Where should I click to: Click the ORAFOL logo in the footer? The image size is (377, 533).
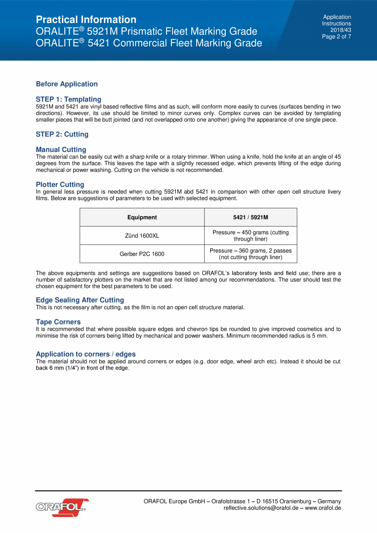pyautogui.click(x=62, y=507)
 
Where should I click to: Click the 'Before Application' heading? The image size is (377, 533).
pyautogui.click(x=67, y=84)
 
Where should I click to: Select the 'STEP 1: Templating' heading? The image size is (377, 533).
pyautogui.click(x=68, y=99)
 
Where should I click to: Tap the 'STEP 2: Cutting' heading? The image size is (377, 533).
pyautogui.click(x=62, y=134)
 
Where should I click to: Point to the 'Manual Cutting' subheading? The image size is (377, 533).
pyautogui.click(x=61, y=150)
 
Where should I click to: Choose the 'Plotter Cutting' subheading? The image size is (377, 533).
pyautogui.click(x=60, y=184)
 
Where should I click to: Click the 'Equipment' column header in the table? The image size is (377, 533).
pyautogui.click(x=142, y=217)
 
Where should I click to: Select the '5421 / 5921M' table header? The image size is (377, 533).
pyautogui.click(x=250, y=217)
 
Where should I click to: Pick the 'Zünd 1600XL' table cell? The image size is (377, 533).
pyautogui.click(x=142, y=236)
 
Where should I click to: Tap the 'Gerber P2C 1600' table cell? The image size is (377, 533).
pyautogui.click(x=142, y=254)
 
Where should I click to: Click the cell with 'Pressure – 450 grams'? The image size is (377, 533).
pyautogui.click(x=250, y=236)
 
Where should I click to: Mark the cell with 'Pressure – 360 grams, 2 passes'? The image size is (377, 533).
pyautogui.click(x=250, y=254)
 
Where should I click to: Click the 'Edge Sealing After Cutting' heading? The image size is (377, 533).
pyautogui.click(x=80, y=300)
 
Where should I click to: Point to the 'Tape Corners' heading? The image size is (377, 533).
pyautogui.click(x=58, y=322)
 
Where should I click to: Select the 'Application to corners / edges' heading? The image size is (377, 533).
pyautogui.click(x=86, y=354)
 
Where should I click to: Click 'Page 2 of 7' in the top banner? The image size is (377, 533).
pyautogui.click(x=336, y=36)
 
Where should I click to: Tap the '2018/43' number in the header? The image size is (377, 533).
pyautogui.click(x=341, y=30)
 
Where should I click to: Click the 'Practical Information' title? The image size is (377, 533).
pyautogui.click(x=86, y=20)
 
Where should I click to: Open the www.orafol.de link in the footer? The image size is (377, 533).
pyautogui.click(x=323, y=508)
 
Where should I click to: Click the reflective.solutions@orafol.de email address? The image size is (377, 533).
pyautogui.click(x=261, y=508)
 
